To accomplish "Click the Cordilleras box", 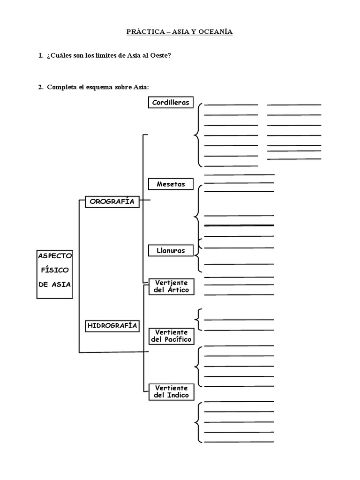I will (171, 102).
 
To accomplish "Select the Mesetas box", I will (171, 184).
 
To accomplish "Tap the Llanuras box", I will (171, 250).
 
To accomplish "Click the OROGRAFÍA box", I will (112, 202).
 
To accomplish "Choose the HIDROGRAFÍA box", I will (112, 325).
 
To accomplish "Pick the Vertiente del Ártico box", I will (171, 286).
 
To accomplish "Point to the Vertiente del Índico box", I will (171, 391).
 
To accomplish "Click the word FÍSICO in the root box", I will (55, 270).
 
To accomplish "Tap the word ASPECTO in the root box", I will (55, 256).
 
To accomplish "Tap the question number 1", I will (40, 56).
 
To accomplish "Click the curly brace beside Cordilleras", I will (198, 135).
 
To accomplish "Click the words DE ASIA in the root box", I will (55, 284).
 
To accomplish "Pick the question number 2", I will (40, 87).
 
